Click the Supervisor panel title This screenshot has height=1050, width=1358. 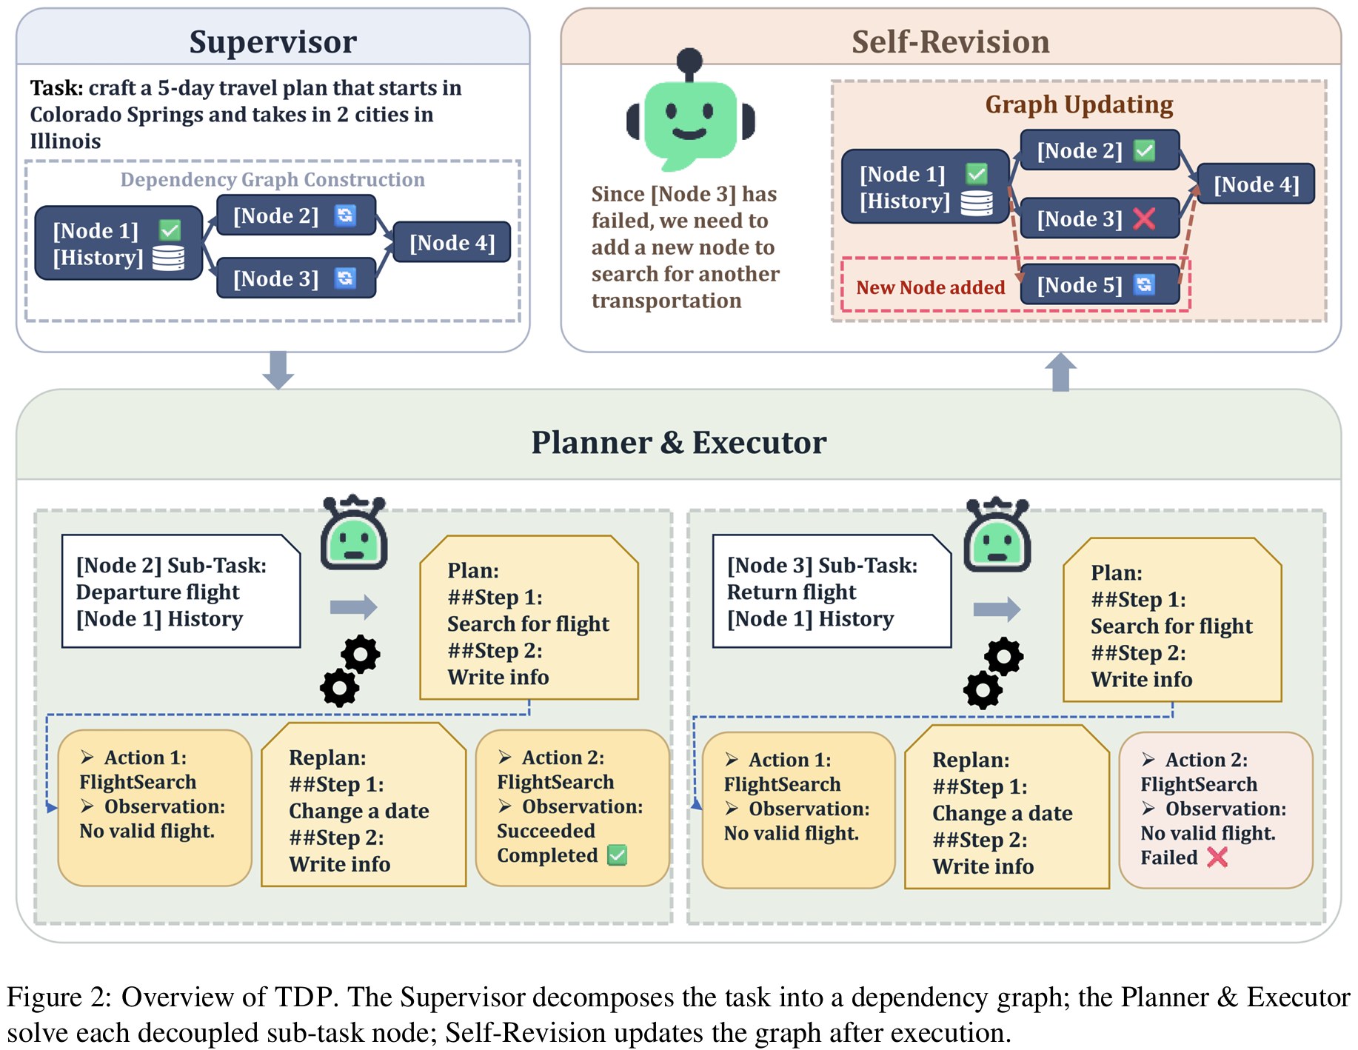tap(272, 41)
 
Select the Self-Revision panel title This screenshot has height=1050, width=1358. tap(950, 41)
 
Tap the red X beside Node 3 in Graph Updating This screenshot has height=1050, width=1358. tap(1144, 218)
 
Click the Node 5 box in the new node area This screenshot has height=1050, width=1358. tap(1099, 285)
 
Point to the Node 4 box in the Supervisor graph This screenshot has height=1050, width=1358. tap(452, 243)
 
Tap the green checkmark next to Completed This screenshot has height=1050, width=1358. tap(617, 855)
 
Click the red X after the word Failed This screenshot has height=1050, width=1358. tap(1217, 857)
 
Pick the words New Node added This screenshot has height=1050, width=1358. tap(930, 287)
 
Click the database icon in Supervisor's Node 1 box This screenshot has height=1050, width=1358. tap(168, 258)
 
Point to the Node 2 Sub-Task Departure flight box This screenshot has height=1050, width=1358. tap(181, 592)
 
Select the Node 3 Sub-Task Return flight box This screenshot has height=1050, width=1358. tap(831, 592)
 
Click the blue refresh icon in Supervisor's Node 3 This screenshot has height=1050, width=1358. tap(345, 278)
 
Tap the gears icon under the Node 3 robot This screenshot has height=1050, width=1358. tap(993, 672)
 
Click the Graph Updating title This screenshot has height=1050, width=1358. tap(1078, 104)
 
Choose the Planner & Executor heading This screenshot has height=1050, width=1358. tap(678, 442)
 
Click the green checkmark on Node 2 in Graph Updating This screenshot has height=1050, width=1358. tap(1145, 150)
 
